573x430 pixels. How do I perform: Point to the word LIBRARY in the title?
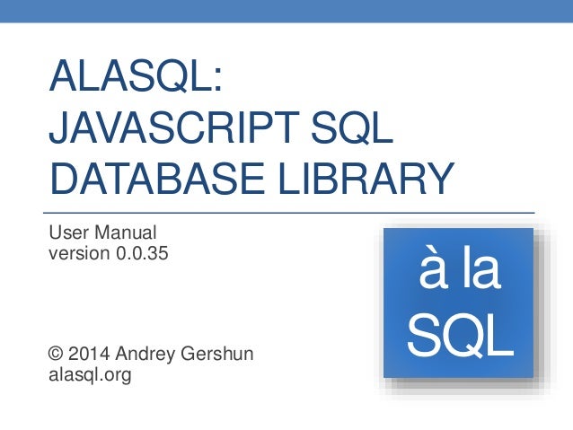[x=367, y=179]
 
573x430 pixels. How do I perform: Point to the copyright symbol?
[x=55, y=355]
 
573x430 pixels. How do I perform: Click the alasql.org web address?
[x=89, y=375]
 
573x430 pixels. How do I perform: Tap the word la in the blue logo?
[x=480, y=272]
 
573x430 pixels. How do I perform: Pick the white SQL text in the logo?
[x=459, y=335]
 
